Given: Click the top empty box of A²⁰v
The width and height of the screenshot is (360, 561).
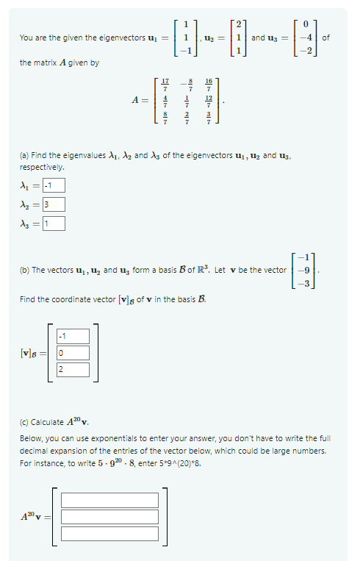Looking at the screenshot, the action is (x=109, y=500).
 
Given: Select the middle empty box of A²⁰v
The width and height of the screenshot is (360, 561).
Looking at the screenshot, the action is (x=109, y=517).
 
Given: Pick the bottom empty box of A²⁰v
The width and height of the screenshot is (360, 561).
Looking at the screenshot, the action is (x=109, y=534).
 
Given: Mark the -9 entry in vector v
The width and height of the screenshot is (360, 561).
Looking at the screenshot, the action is (x=306, y=271).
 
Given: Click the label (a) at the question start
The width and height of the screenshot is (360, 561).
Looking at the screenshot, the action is (x=25, y=156).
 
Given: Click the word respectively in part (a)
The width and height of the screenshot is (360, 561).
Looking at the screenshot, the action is (x=43, y=167).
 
